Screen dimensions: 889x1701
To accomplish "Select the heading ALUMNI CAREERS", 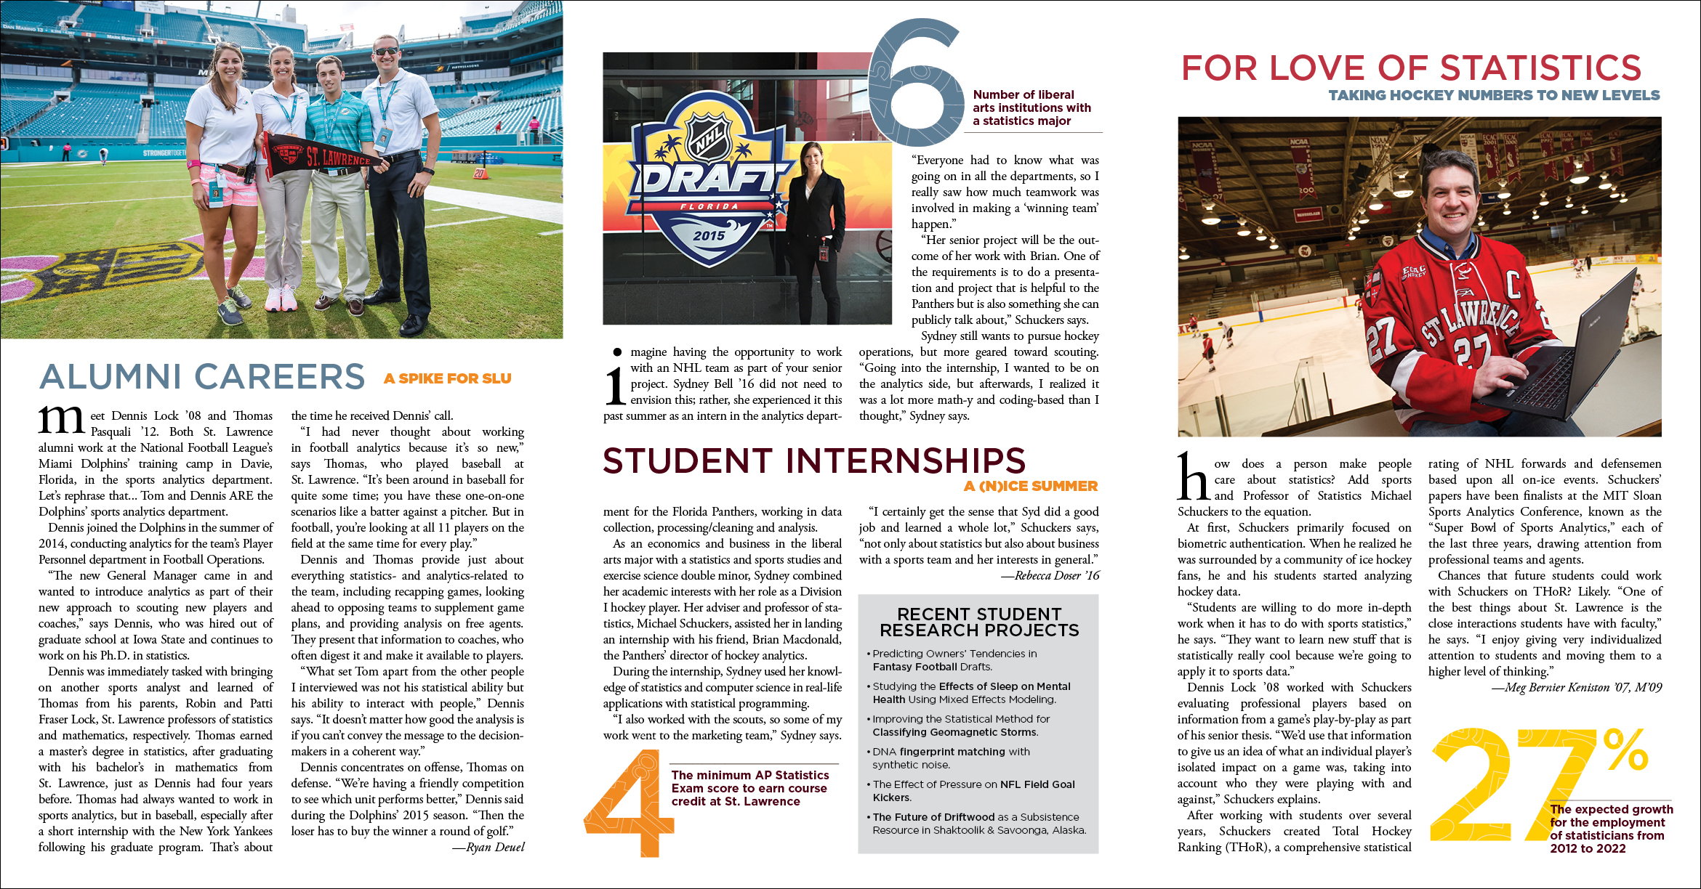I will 202,377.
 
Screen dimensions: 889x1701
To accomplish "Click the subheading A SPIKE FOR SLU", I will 448,378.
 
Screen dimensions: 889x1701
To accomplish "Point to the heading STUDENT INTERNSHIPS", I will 814,461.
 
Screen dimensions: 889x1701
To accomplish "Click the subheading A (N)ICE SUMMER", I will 1031,487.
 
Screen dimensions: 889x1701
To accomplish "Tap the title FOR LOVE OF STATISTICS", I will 1411,68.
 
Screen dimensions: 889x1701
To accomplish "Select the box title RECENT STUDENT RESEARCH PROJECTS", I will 979,622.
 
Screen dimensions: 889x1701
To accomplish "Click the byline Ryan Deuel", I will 488,847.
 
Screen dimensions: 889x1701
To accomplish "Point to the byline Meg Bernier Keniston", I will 1577,687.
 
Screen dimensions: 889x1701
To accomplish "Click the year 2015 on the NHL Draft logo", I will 709,235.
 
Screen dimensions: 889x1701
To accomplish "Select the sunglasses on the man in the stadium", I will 385,51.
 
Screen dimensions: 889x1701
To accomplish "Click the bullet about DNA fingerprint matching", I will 951,758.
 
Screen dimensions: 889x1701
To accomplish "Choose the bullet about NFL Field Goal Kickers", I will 973,791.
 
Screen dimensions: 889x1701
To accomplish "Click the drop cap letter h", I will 1194,477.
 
